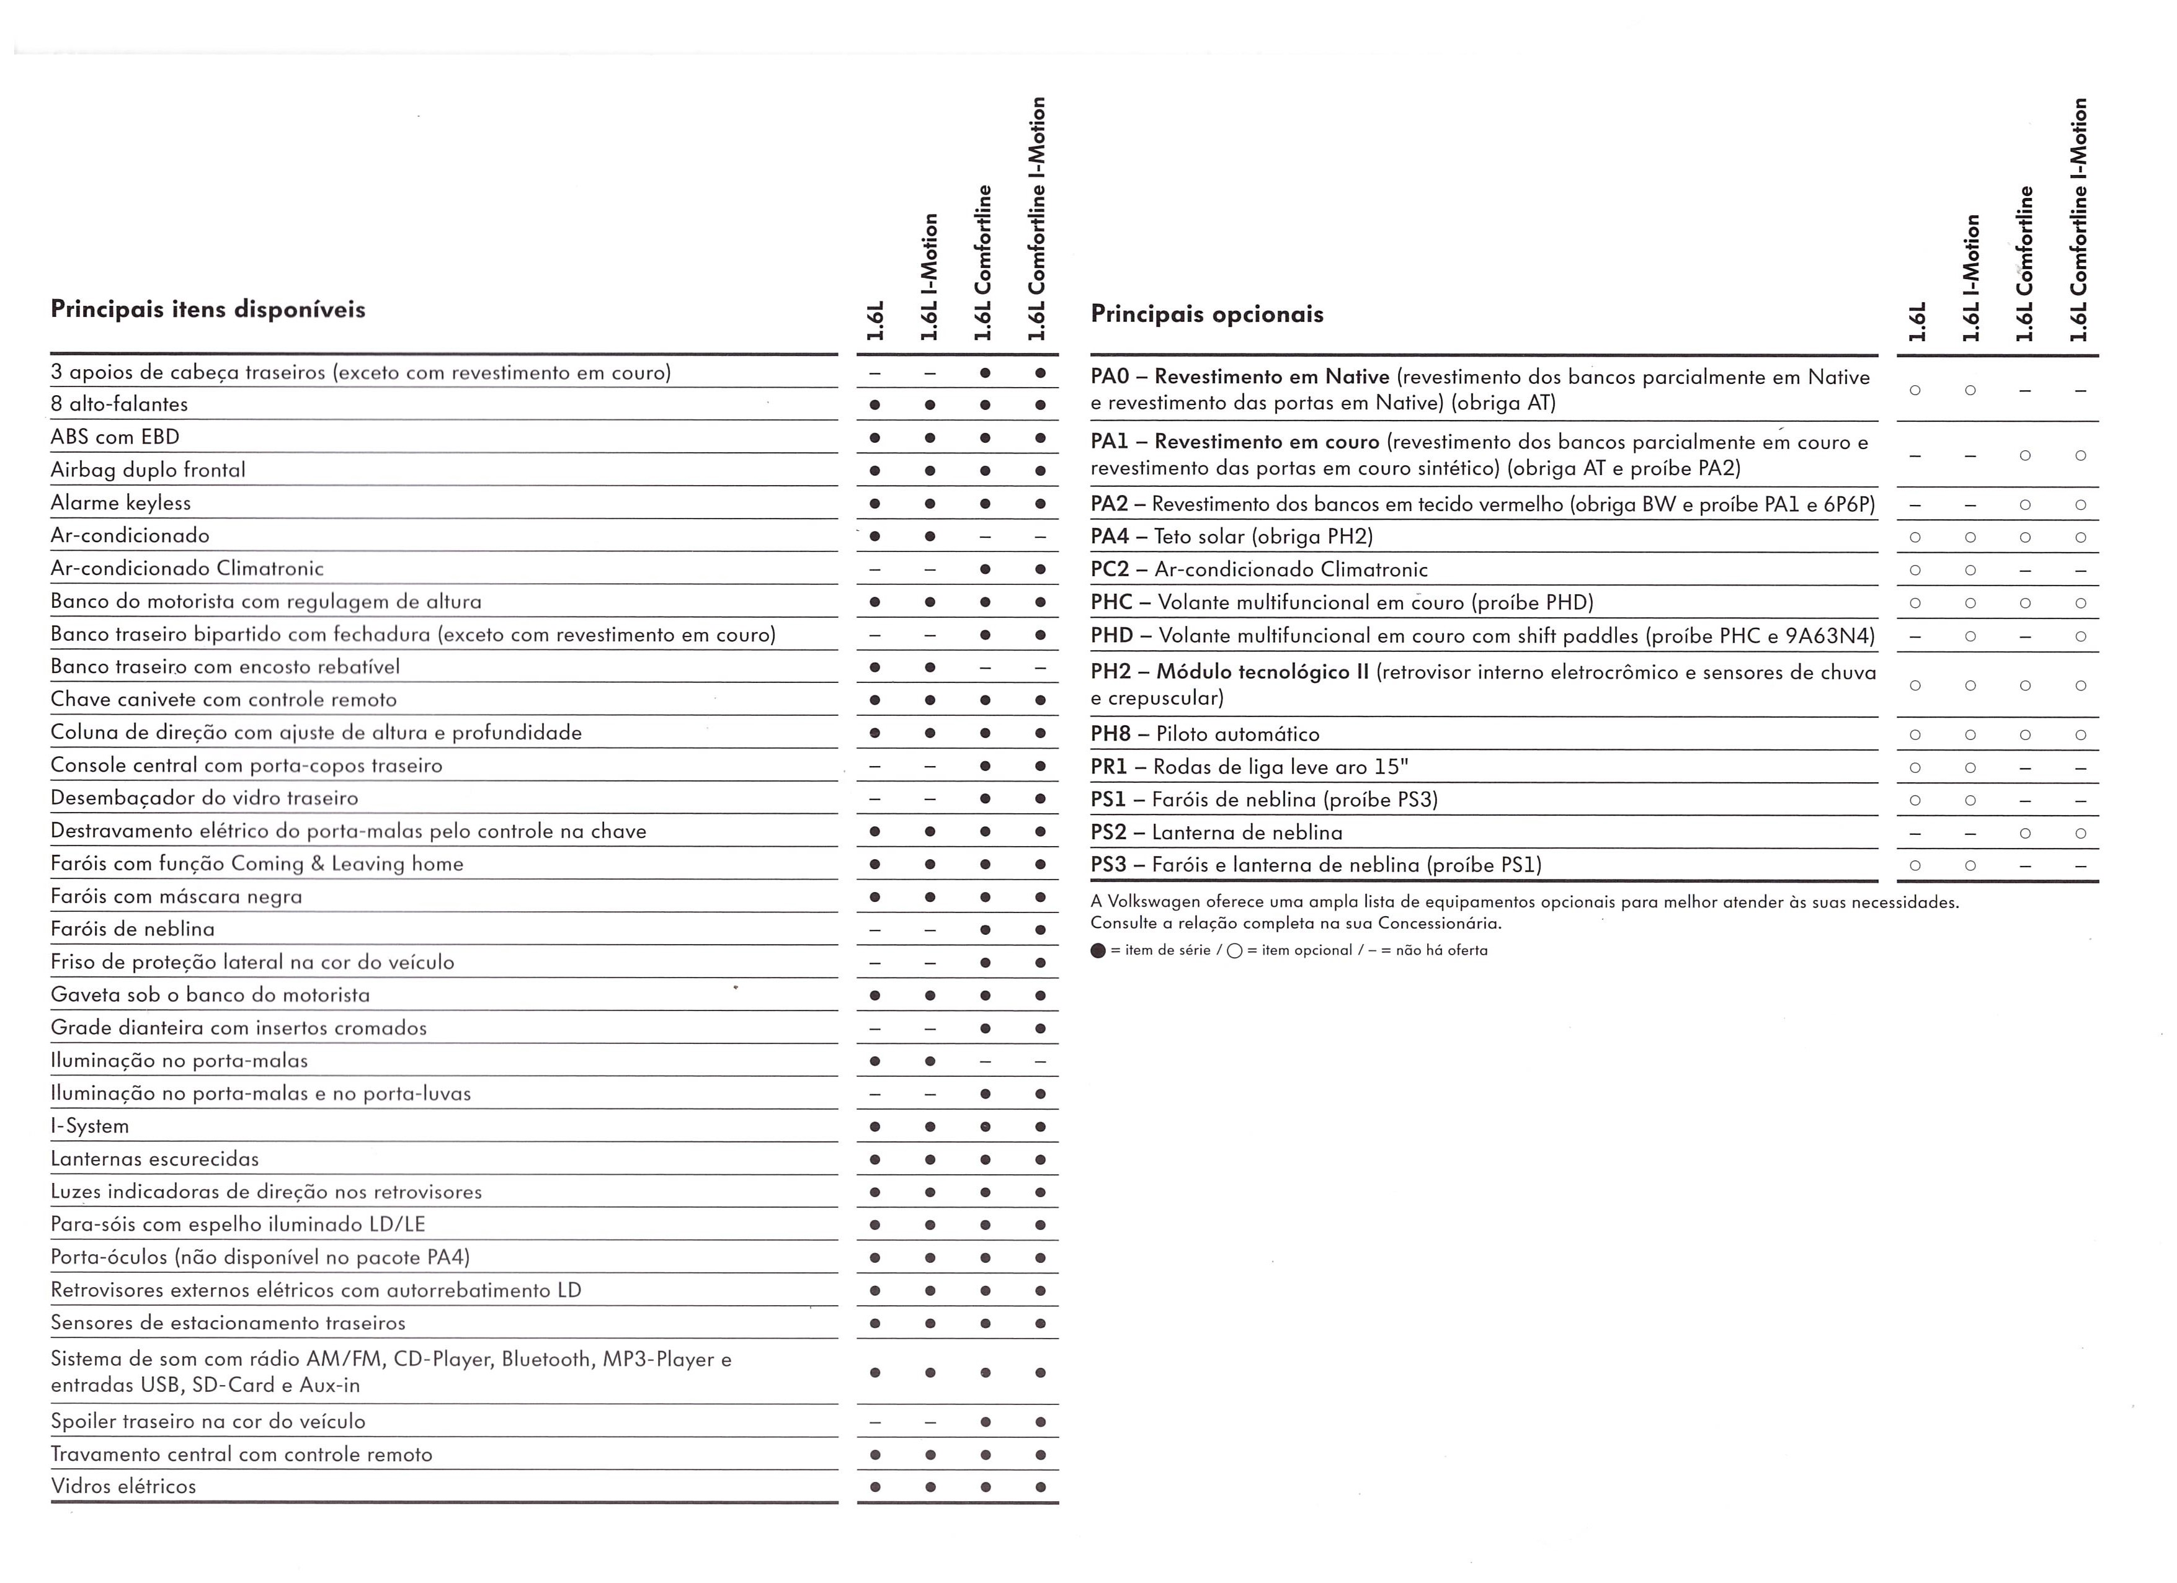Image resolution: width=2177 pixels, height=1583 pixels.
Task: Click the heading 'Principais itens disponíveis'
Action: click(x=207, y=309)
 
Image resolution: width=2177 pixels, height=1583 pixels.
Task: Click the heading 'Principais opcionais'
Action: click(x=1206, y=314)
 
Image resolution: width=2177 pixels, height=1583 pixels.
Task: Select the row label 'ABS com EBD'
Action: click(x=115, y=437)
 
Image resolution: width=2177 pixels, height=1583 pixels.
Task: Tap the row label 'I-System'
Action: click(x=89, y=1126)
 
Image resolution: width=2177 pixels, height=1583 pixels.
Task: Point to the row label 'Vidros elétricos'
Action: click(x=123, y=1486)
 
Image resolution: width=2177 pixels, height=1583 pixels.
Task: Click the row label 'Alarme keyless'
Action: click(x=121, y=503)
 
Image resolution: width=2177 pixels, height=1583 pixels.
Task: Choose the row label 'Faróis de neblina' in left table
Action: click(x=133, y=929)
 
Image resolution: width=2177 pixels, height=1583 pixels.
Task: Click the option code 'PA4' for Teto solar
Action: click(x=1110, y=537)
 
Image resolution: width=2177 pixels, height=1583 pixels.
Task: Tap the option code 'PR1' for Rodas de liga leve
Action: click(x=1109, y=767)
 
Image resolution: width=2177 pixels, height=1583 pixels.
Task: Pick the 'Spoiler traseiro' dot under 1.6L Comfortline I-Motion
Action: click(x=1040, y=1422)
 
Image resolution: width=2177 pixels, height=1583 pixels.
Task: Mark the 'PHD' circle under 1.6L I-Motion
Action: click(x=1970, y=636)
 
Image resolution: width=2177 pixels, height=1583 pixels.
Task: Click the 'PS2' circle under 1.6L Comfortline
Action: click(x=2024, y=833)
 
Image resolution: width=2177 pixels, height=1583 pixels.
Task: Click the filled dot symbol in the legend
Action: click(x=1098, y=950)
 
